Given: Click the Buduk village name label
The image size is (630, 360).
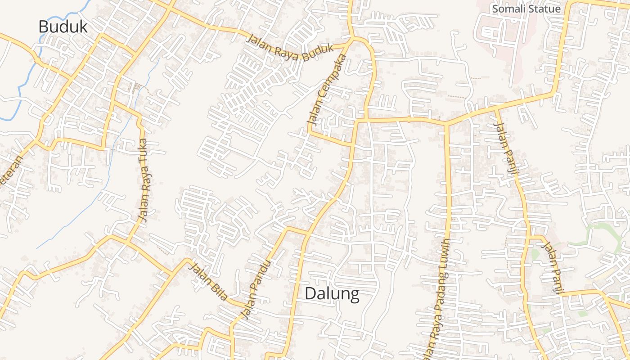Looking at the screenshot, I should (63, 27).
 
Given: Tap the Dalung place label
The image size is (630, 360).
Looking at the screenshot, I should (332, 294).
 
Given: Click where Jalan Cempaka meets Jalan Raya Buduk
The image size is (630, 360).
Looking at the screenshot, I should (351, 42).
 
